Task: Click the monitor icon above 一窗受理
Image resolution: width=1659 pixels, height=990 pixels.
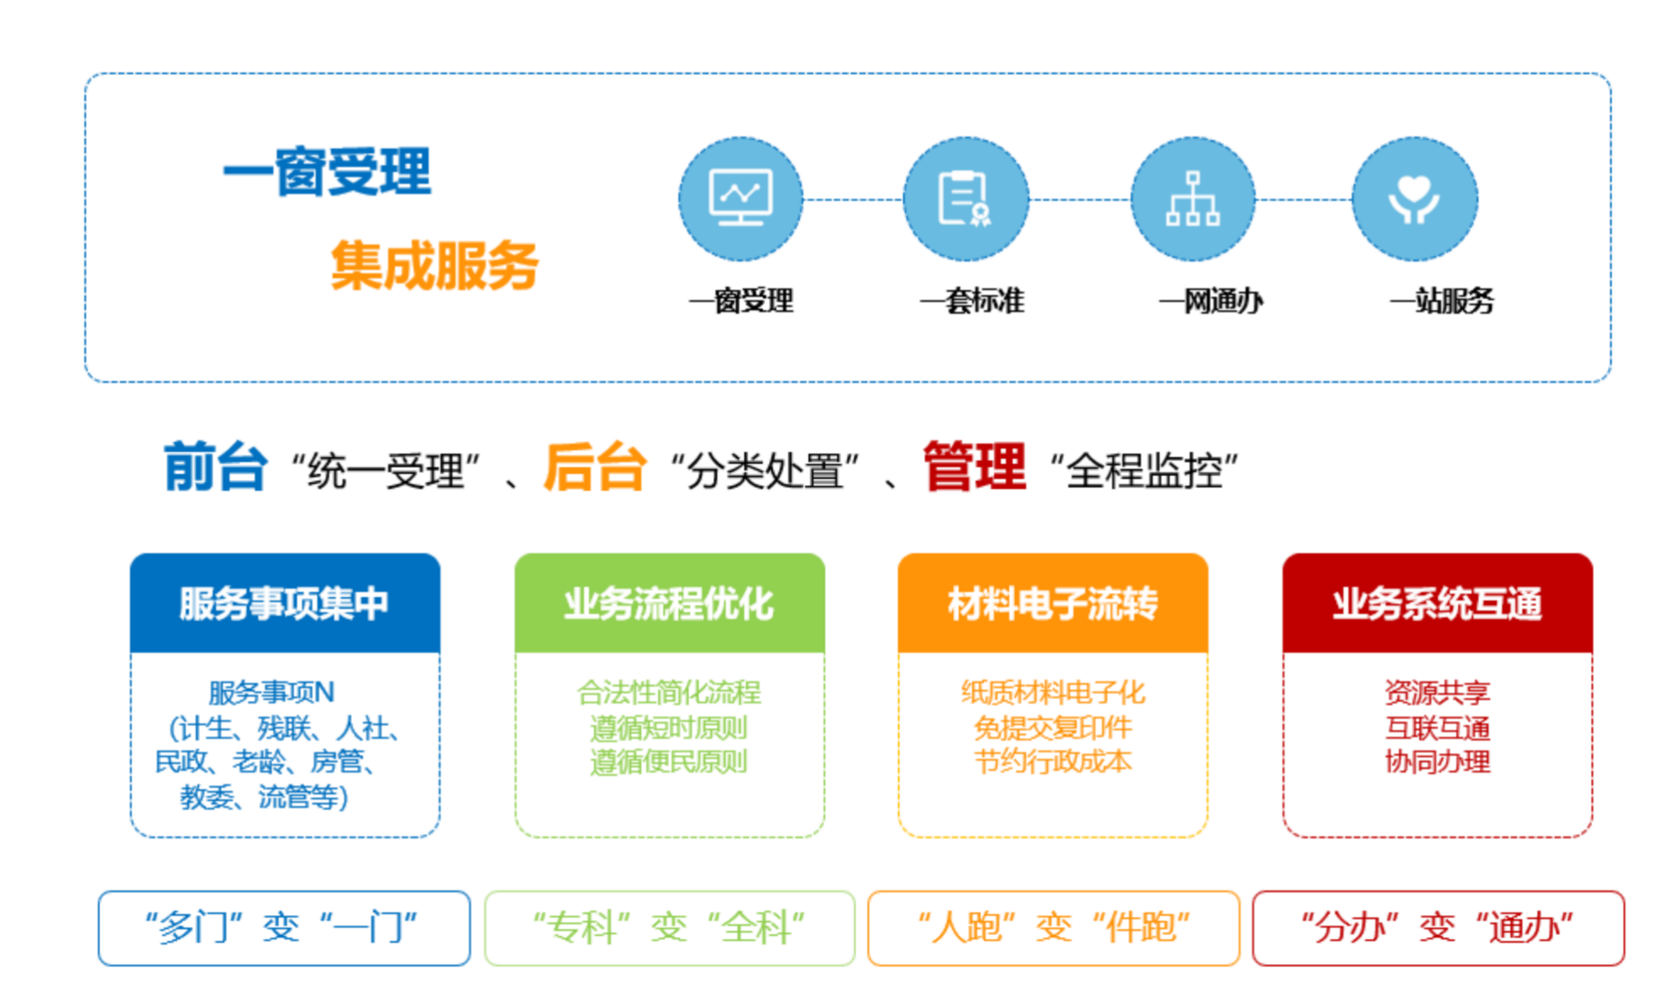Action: (741, 199)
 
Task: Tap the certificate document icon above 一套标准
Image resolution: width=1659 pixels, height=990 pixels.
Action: (965, 199)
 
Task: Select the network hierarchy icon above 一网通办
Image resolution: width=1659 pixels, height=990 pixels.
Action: (1192, 199)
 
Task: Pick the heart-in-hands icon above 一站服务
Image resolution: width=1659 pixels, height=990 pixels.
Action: (1414, 199)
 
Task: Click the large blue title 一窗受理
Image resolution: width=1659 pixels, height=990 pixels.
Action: (327, 171)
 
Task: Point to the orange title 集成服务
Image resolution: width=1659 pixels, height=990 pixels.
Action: (434, 265)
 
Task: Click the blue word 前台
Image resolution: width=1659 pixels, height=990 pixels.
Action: (215, 466)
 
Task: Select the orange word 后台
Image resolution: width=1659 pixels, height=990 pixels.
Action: (595, 466)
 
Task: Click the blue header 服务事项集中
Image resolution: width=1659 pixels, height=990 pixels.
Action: (285, 603)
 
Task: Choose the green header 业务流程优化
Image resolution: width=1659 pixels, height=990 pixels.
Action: (669, 603)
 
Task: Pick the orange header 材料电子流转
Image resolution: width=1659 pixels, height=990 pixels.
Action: (1053, 603)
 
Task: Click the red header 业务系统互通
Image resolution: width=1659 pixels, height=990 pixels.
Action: (1437, 603)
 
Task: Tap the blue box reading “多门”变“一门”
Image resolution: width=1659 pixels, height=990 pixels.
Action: (284, 927)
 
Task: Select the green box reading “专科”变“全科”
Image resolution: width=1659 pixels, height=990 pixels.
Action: (670, 927)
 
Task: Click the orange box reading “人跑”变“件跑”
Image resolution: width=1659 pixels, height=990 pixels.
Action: (1053, 927)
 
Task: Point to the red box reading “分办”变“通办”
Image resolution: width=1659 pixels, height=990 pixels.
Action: (1438, 927)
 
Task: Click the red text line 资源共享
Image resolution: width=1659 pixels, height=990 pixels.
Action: (1437, 693)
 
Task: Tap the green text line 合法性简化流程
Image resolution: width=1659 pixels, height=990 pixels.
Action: (669, 693)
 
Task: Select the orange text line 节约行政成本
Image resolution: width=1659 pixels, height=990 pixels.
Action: (1053, 762)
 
